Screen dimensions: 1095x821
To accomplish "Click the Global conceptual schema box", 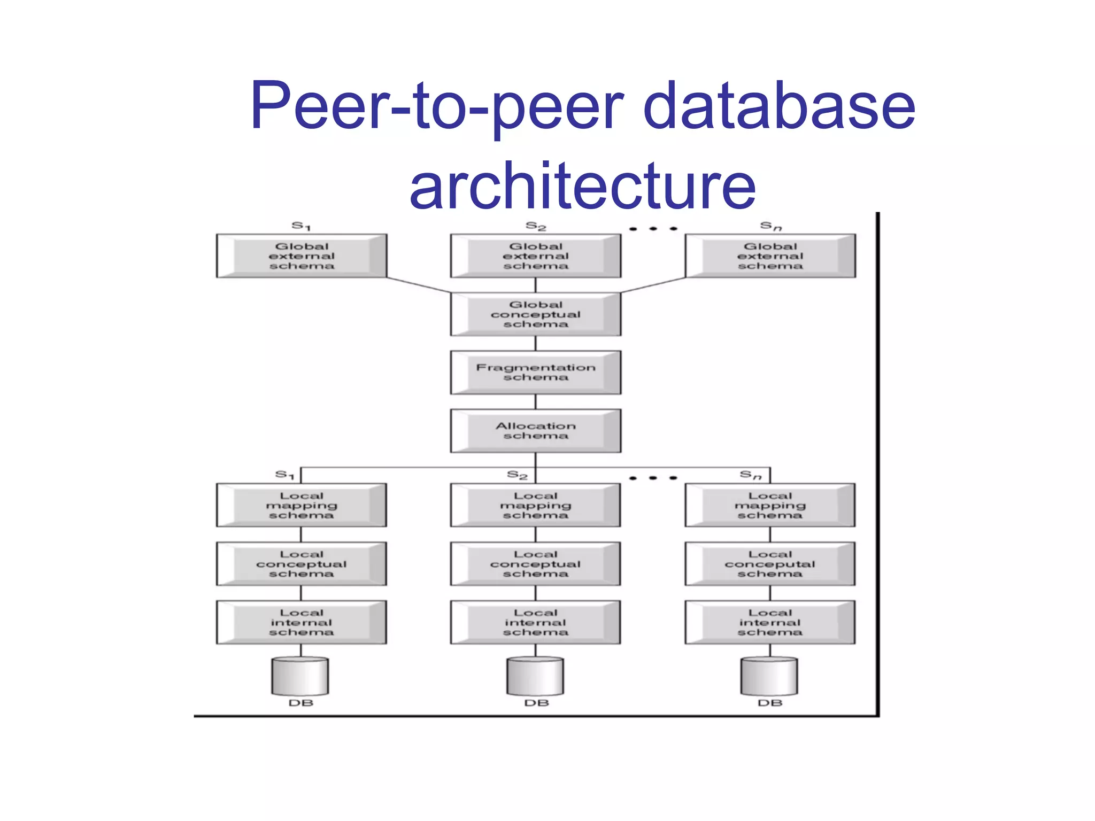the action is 536,314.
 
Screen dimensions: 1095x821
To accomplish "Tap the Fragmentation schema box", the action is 536,373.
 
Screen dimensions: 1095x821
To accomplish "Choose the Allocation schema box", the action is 536,431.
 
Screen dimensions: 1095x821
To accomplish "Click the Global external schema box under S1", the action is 302,256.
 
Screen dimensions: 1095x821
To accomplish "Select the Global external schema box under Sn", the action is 770,256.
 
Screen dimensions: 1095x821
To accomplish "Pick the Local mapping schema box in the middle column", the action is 536,506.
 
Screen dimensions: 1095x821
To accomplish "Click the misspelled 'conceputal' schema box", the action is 770,564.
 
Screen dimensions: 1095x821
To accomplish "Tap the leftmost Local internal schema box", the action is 302,622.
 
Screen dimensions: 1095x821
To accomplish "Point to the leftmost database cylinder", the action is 300,676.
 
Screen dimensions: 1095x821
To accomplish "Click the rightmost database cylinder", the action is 769,676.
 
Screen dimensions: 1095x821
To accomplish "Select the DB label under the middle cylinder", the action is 536,703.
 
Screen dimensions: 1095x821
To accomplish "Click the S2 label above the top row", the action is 536,226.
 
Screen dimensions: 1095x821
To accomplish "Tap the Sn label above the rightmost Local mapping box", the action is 750,475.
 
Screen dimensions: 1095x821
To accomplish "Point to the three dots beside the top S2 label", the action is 653,229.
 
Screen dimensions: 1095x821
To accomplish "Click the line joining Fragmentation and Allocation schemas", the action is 536,402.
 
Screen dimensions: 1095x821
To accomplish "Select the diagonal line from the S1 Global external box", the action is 419,285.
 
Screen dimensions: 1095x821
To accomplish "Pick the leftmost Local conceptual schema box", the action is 302,564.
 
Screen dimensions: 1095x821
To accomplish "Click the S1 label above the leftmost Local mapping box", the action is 285,475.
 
